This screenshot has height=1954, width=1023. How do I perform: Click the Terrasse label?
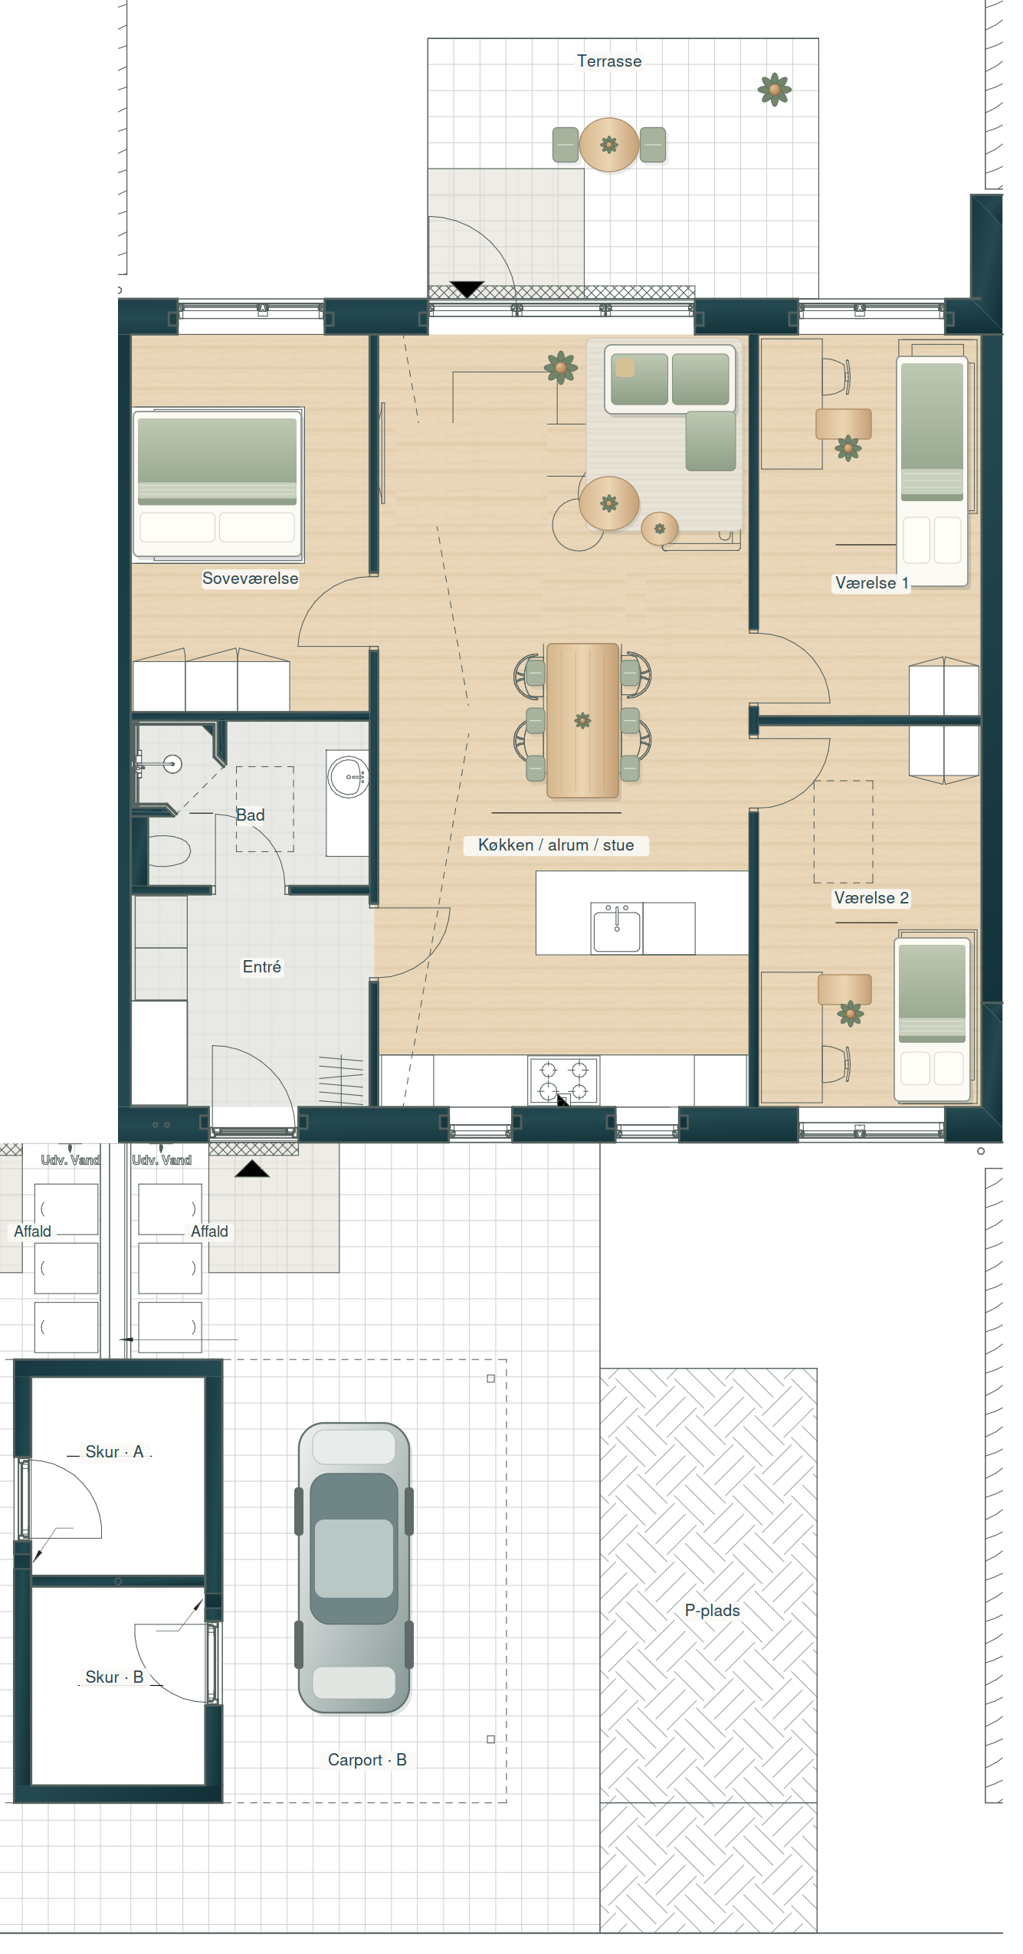point(609,61)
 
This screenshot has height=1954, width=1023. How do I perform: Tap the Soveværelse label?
point(250,579)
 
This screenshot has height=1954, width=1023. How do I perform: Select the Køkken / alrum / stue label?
point(556,845)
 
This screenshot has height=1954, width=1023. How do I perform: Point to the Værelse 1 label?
point(871,583)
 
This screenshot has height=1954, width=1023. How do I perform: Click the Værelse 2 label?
point(871,898)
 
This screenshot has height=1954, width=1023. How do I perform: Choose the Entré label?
point(262,967)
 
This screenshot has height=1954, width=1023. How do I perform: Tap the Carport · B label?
point(367,1760)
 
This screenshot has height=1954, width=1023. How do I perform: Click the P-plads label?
point(713,1611)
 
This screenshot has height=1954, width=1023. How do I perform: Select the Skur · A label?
point(114,1452)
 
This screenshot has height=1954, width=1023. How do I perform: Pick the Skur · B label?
point(114,1677)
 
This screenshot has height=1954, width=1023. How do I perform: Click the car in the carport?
point(354,1567)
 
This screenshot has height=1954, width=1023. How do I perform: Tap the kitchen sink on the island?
point(617,929)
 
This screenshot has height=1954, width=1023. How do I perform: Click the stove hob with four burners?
point(564,1080)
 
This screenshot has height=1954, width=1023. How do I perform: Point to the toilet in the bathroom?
point(169,850)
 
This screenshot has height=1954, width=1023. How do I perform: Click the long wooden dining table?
point(582,720)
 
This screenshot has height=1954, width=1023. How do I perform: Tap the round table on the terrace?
point(609,144)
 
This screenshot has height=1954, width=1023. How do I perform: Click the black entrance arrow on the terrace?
point(467,289)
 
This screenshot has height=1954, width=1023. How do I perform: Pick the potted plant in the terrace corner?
point(775,90)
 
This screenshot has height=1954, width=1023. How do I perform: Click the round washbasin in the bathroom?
point(349,777)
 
